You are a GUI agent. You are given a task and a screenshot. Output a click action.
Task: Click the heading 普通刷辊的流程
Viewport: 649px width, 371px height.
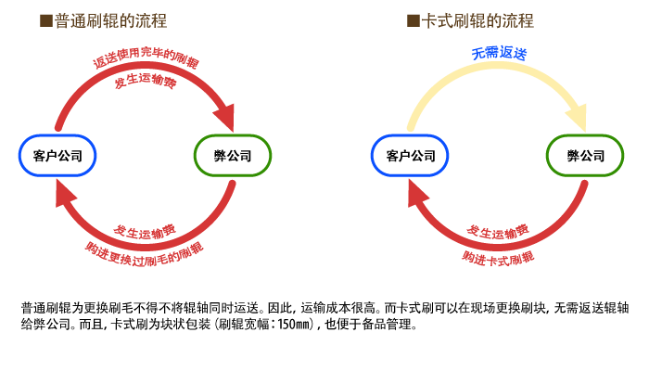110,20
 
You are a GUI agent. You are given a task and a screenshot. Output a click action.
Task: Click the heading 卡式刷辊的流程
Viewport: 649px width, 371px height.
477,20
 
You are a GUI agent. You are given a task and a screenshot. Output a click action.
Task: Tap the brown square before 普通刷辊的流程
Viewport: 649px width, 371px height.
46,20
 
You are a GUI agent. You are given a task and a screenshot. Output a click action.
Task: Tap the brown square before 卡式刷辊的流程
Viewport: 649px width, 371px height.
414,20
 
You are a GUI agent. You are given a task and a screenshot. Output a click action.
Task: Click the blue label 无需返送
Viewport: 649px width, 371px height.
499,53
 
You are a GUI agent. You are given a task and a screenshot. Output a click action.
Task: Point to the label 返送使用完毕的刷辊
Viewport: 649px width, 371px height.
146,58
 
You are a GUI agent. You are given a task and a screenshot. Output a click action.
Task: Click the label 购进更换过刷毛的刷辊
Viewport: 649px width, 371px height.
145,254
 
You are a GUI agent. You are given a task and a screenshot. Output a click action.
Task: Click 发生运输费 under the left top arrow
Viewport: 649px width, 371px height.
146,81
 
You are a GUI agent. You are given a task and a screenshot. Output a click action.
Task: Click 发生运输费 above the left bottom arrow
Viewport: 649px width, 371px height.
145,232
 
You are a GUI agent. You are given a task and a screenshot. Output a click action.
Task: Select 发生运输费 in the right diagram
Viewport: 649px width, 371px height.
498,232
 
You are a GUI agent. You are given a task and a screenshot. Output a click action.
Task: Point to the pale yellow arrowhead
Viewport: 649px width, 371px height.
579,119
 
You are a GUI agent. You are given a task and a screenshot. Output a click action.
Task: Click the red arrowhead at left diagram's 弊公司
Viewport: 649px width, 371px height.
225,119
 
